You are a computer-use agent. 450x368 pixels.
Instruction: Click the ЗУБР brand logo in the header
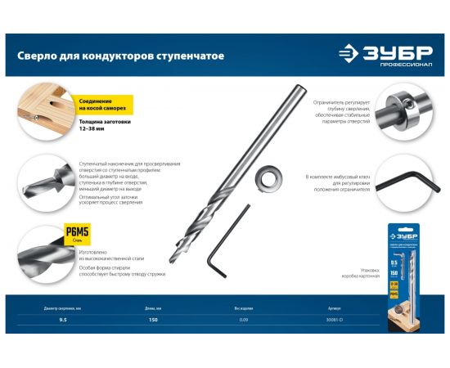[385, 56]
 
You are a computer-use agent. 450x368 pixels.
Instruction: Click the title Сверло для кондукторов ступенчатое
[121, 56]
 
